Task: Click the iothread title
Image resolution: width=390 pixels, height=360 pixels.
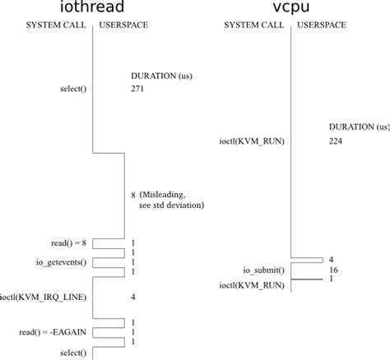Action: (93, 9)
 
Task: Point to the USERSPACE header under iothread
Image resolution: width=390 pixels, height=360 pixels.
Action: (125, 26)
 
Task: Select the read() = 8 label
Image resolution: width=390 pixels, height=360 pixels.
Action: (68, 243)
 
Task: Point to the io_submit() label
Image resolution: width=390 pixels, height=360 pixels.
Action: (262, 270)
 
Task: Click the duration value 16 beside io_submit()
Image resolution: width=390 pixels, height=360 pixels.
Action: (333, 270)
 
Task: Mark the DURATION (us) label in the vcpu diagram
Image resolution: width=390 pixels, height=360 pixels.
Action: (359, 127)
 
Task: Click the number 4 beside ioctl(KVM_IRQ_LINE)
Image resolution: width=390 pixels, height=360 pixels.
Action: (132, 296)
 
